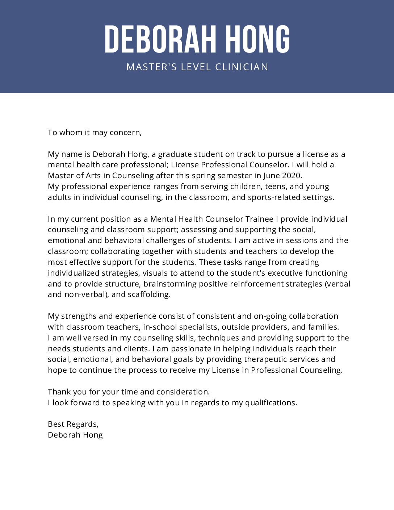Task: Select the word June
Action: (x=273, y=176)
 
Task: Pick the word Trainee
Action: (x=259, y=219)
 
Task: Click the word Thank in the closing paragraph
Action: (x=59, y=392)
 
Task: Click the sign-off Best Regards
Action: (x=73, y=424)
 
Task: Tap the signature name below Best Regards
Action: (x=75, y=435)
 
